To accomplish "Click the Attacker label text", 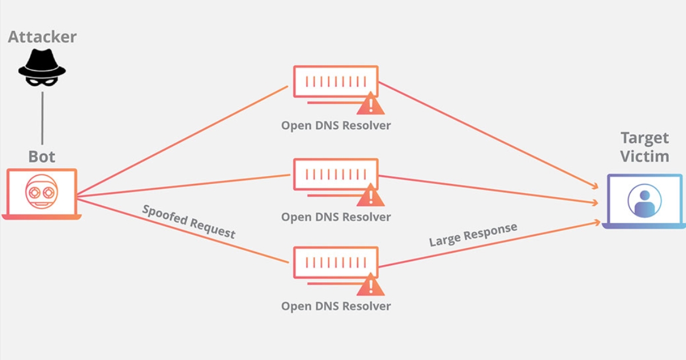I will (x=42, y=38).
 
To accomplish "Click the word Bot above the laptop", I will (x=42, y=157).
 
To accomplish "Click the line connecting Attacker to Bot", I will (x=42, y=117).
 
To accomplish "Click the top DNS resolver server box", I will (x=336, y=81).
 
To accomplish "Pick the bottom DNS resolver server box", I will (x=336, y=262).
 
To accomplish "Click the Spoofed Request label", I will (x=189, y=221).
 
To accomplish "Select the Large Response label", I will (x=473, y=235).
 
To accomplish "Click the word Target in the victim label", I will (x=644, y=138).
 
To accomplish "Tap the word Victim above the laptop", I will (x=644, y=157).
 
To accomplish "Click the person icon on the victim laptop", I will (x=644, y=200).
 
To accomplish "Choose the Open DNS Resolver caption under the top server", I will (x=336, y=125).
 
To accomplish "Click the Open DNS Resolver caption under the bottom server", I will (x=336, y=306).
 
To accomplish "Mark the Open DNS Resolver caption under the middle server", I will (x=336, y=217).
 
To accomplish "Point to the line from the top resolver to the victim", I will (x=486, y=134).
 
